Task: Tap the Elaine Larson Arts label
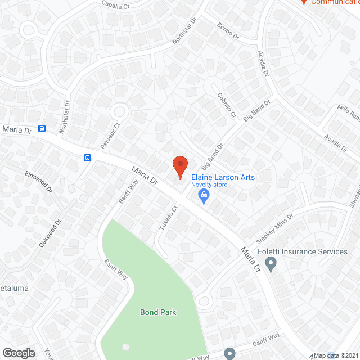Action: pyautogui.click(x=223, y=177)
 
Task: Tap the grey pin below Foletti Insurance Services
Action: pyautogui.click(x=271, y=263)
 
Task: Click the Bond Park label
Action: pyautogui.click(x=158, y=312)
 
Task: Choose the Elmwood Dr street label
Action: pyautogui.click(x=38, y=181)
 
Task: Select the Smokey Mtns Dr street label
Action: pyautogui.click(x=274, y=224)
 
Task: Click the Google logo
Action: pyautogui.click(x=18, y=353)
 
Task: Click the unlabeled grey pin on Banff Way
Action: pyautogui.click(x=229, y=353)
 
